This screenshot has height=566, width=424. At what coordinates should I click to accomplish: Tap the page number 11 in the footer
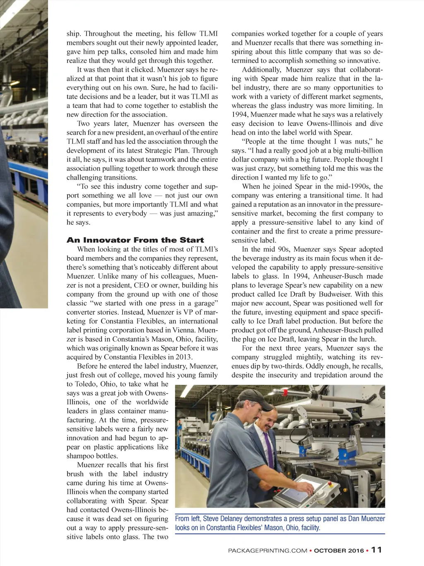pyautogui.click(x=376, y=550)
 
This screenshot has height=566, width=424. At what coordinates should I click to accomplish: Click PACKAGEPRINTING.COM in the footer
pyautogui.click(x=267, y=551)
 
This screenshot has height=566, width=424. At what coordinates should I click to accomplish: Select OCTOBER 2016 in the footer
pyautogui.click(x=339, y=551)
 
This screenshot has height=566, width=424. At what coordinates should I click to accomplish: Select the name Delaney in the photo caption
pyautogui.click(x=229, y=519)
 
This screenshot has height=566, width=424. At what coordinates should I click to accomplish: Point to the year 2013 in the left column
pyautogui.click(x=183, y=357)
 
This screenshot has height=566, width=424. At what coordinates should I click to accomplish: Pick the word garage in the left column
pyautogui.click(x=205, y=303)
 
